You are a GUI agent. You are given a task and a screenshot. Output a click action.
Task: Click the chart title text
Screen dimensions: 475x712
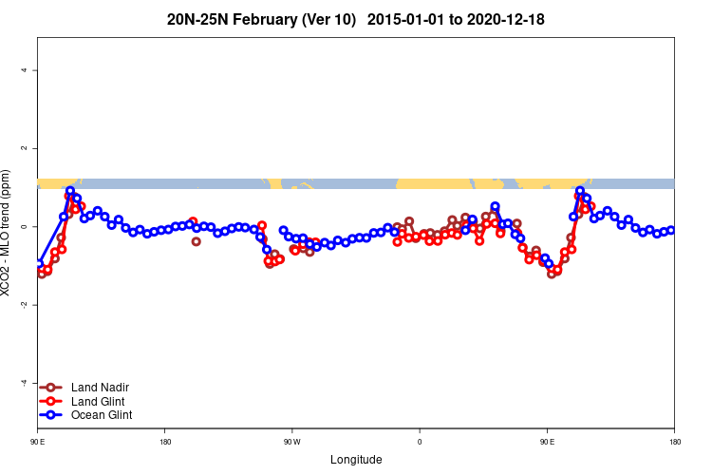(x=355, y=19)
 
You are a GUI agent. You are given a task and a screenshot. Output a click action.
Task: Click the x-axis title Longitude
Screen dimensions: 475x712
(x=356, y=460)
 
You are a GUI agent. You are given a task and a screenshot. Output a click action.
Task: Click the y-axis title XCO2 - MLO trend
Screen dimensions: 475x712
(x=8, y=234)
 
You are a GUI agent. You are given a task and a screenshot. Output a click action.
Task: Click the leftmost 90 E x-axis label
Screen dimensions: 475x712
(x=38, y=442)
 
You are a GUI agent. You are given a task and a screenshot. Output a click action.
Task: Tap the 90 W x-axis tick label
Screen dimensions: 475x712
(x=291, y=442)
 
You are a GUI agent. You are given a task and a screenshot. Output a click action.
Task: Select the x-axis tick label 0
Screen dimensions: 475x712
(x=420, y=442)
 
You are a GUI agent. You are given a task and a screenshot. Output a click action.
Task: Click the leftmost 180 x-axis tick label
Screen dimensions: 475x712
(x=165, y=442)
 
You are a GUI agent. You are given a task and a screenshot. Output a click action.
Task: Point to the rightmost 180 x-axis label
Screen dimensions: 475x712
(x=674, y=442)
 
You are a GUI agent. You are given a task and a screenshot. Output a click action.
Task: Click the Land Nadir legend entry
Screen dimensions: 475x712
(x=100, y=388)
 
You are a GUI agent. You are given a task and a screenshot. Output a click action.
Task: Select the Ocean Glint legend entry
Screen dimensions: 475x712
(x=102, y=415)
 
